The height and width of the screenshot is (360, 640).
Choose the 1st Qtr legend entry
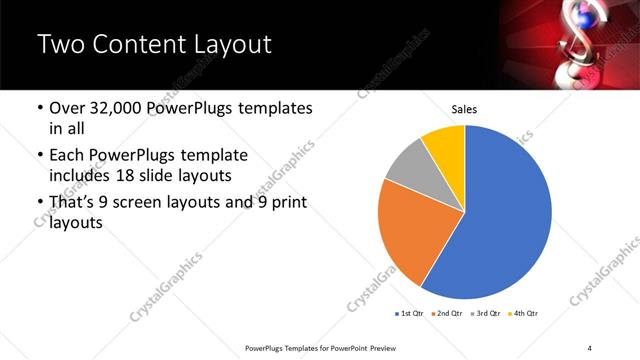point(409,314)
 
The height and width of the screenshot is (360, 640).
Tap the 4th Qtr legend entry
point(524,314)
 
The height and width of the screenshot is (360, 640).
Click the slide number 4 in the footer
point(589,347)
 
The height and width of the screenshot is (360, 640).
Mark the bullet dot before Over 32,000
point(39,107)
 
